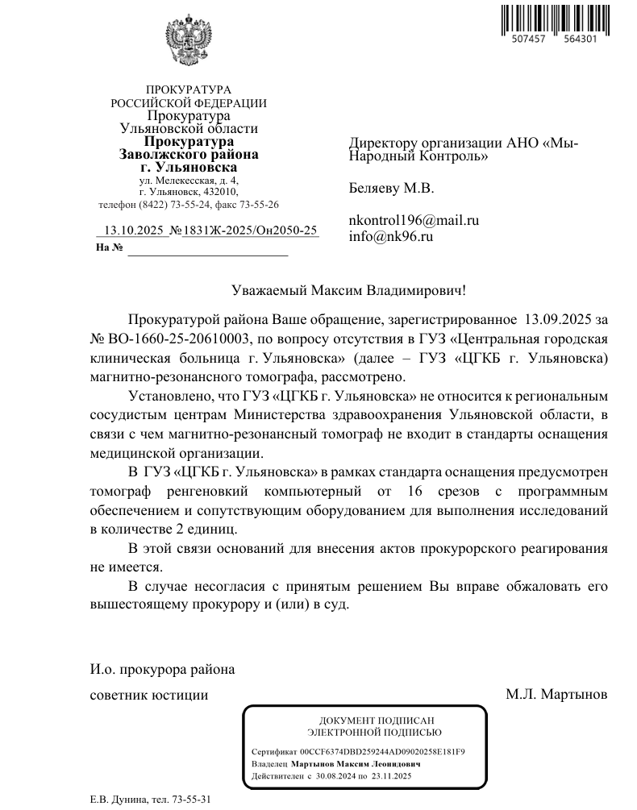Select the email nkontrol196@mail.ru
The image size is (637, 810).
pyautogui.click(x=414, y=220)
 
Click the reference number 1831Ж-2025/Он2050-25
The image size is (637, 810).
pyautogui.click(x=250, y=231)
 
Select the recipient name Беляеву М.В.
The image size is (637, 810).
pyautogui.click(x=391, y=189)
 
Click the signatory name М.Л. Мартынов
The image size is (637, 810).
pyautogui.click(x=556, y=694)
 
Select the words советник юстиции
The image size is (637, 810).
pyautogui.click(x=148, y=694)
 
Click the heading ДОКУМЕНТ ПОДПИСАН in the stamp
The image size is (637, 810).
pyautogui.click(x=366, y=720)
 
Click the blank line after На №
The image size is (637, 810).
pyautogui.click(x=207, y=249)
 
